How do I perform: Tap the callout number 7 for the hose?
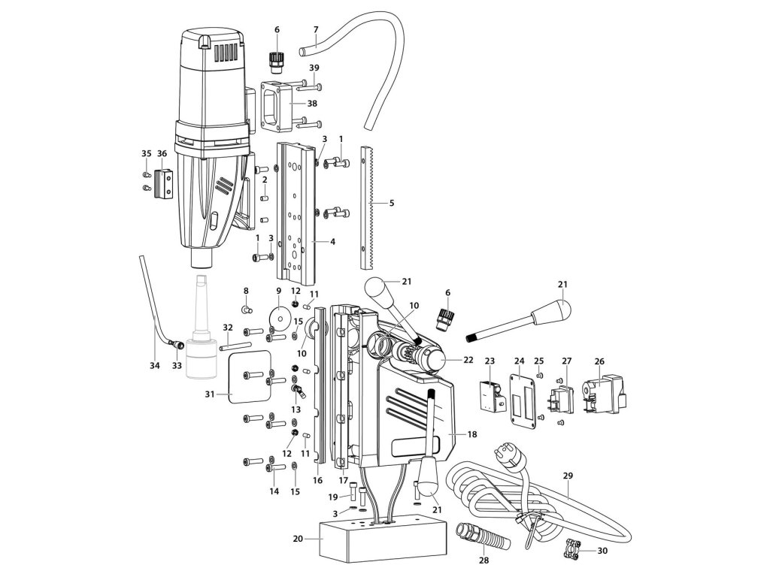pos(316,29)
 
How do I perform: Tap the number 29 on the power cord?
pos(568,476)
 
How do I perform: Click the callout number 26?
pos(599,360)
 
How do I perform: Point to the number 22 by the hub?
pos(468,360)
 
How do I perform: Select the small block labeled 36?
pos(163,186)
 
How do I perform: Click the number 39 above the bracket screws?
pos(313,68)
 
